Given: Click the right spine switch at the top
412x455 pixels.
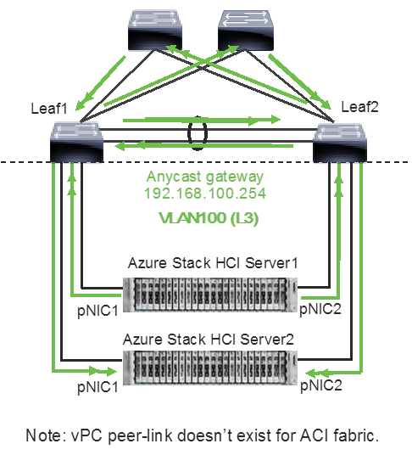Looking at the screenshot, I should point(246,29).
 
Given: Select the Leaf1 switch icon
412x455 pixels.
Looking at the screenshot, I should point(76,142).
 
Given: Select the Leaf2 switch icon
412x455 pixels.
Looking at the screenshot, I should point(340,142).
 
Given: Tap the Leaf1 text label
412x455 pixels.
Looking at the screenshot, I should point(49,110).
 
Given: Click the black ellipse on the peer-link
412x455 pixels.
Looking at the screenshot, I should point(198,134).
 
